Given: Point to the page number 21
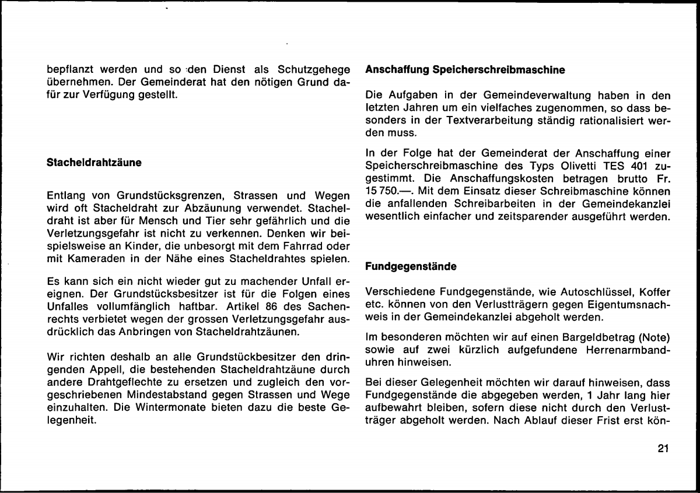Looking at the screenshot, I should (662, 449).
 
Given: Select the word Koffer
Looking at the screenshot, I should (651, 290).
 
